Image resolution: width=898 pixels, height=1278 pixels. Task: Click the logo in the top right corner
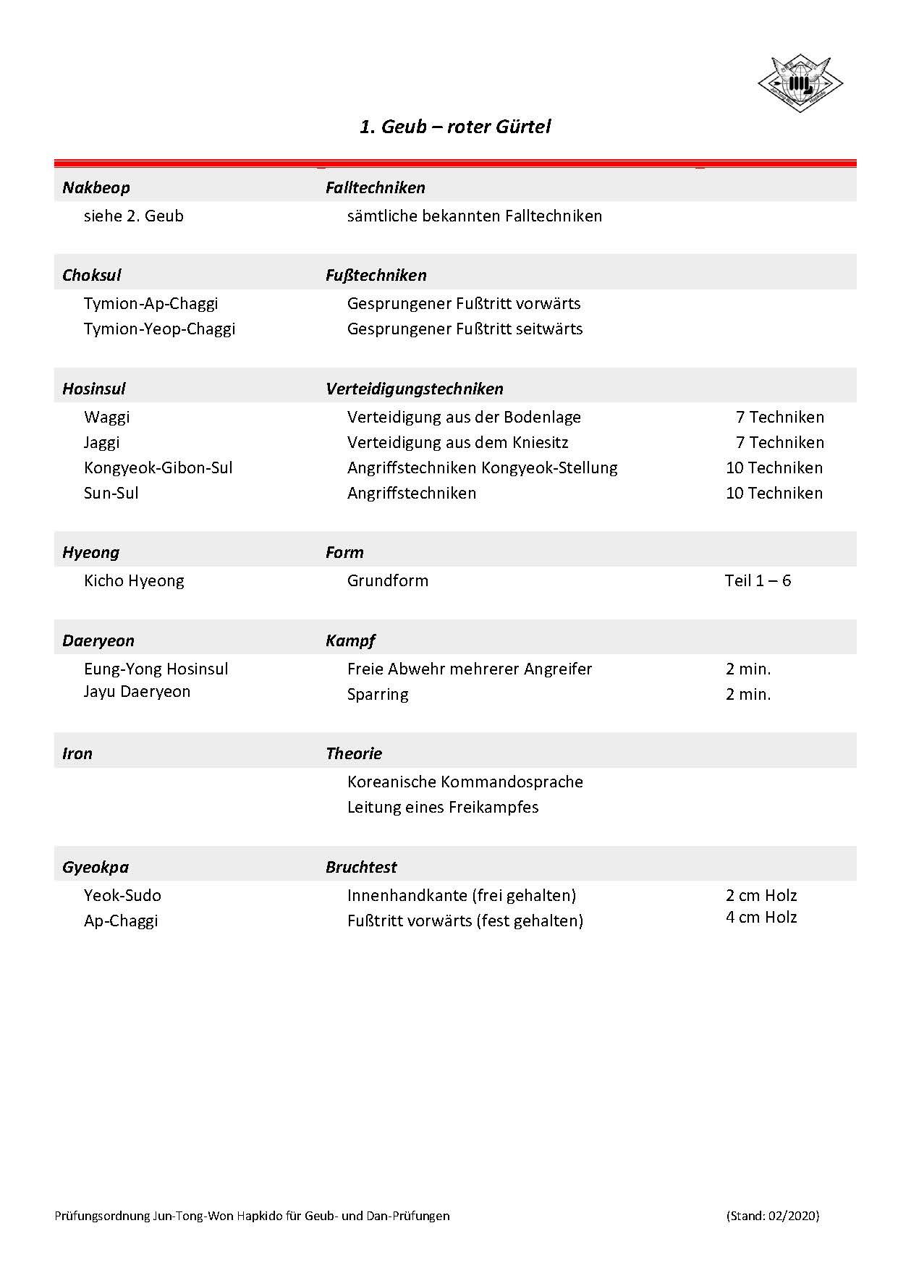click(x=800, y=85)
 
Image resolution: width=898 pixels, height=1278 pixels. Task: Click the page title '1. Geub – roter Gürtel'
click(x=455, y=127)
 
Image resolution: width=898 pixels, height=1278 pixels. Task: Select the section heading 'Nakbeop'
click(x=96, y=187)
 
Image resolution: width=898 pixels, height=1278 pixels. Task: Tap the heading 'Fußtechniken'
click(x=376, y=275)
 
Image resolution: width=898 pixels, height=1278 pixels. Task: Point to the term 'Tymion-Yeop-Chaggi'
click(x=159, y=329)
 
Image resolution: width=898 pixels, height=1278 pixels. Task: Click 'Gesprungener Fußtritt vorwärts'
click(x=463, y=303)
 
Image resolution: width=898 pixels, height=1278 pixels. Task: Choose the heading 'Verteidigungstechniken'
click(x=414, y=389)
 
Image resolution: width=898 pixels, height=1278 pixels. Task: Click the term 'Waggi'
click(x=107, y=417)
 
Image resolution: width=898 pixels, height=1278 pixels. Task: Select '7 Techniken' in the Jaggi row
click(x=779, y=442)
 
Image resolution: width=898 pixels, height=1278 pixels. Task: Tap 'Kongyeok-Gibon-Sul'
click(x=158, y=467)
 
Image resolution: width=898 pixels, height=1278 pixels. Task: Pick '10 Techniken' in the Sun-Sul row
click(x=774, y=493)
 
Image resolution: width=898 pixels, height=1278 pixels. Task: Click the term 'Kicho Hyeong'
click(x=134, y=580)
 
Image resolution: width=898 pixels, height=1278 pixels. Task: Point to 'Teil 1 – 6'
click(x=757, y=580)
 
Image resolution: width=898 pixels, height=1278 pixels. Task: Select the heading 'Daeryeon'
click(x=98, y=640)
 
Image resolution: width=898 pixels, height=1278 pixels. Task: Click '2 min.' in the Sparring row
click(x=748, y=694)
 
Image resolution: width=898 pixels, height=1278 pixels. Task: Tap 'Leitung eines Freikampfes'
click(x=443, y=807)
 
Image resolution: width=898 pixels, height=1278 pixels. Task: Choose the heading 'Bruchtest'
click(x=361, y=867)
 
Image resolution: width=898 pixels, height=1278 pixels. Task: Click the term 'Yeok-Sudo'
click(x=122, y=895)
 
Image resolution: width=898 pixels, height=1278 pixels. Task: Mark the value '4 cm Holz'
click(x=761, y=917)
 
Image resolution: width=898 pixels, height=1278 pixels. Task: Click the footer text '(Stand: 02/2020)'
click(x=772, y=1216)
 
